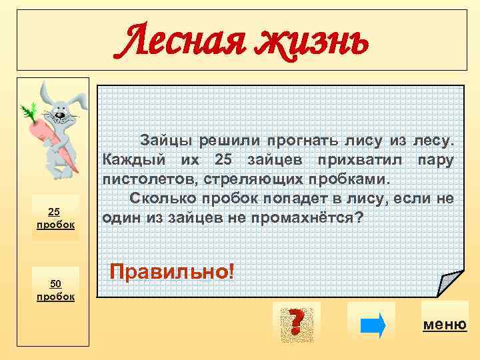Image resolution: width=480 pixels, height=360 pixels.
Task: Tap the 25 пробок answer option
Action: pos(55,218)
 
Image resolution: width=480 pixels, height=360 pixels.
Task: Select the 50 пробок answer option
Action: pos(55,289)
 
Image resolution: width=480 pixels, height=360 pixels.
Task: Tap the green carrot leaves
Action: pos(30,109)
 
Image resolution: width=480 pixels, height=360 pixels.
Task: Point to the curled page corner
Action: pos(447,284)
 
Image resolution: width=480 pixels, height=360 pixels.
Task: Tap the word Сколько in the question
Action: pos(160,199)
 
